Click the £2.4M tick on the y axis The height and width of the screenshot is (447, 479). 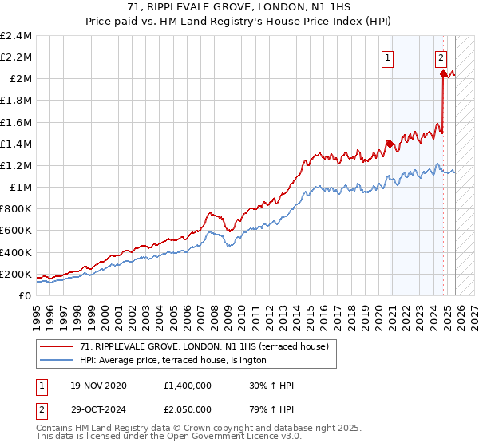coord(16,36)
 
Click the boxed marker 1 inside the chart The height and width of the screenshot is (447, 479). coord(387,57)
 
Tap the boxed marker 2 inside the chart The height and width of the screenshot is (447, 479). coord(441,57)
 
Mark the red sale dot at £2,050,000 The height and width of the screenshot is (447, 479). coord(443,73)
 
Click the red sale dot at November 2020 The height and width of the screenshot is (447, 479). coord(390,144)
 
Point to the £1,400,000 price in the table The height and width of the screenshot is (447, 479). coord(189,386)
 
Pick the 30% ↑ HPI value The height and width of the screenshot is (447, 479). coord(272,386)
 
